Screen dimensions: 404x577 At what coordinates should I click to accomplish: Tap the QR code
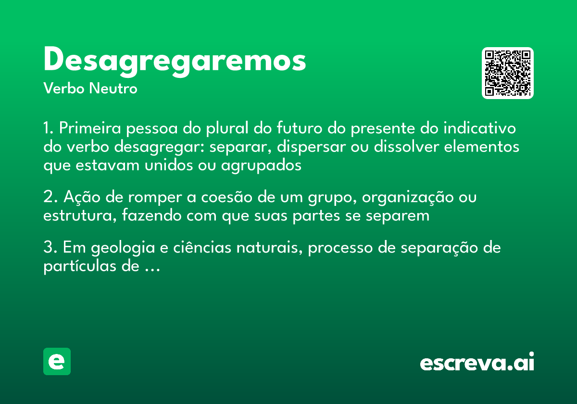click(508, 73)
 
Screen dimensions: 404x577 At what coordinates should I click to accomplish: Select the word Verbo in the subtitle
click(63, 89)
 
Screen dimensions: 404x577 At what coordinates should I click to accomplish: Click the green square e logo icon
click(57, 361)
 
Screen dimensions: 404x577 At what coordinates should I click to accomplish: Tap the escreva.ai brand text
click(477, 363)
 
